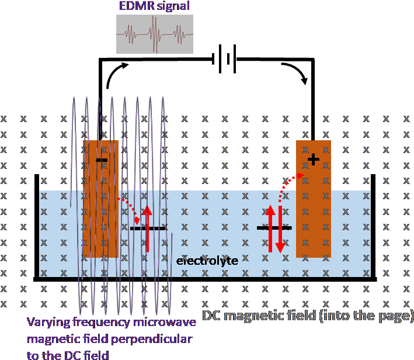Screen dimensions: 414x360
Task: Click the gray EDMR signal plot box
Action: tap(155, 34)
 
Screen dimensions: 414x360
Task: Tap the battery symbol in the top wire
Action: tap(227, 59)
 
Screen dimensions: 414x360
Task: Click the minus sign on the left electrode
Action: tap(102, 160)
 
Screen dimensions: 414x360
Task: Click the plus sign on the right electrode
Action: tap(314, 160)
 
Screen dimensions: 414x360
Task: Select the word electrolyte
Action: tap(207, 261)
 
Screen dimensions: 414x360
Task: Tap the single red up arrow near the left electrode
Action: tap(147, 229)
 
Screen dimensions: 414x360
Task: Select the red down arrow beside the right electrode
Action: tap(280, 229)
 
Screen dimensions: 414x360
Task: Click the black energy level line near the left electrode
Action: tap(148, 229)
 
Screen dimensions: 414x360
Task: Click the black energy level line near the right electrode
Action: tap(274, 227)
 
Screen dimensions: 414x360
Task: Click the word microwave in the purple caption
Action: tap(165, 322)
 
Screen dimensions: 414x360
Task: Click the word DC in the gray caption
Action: tap(211, 316)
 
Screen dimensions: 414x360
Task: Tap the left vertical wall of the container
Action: tap(37, 227)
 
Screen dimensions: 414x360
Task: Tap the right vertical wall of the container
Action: tap(373, 227)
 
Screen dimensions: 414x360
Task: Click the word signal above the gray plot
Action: tap(173, 6)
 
